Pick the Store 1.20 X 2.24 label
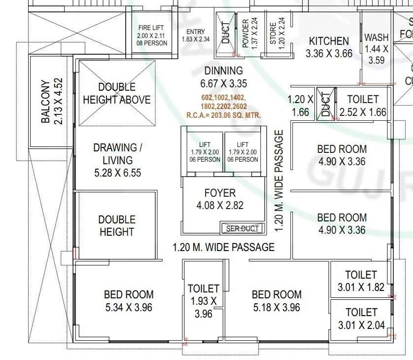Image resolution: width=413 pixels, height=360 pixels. [x=277, y=33]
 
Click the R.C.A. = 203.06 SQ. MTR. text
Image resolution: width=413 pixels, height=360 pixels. [x=224, y=115]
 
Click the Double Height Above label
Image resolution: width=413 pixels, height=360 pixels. [x=117, y=93]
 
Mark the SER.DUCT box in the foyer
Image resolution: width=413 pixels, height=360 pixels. [x=242, y=228]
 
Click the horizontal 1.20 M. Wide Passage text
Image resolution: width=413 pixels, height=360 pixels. [x=223, y=247]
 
